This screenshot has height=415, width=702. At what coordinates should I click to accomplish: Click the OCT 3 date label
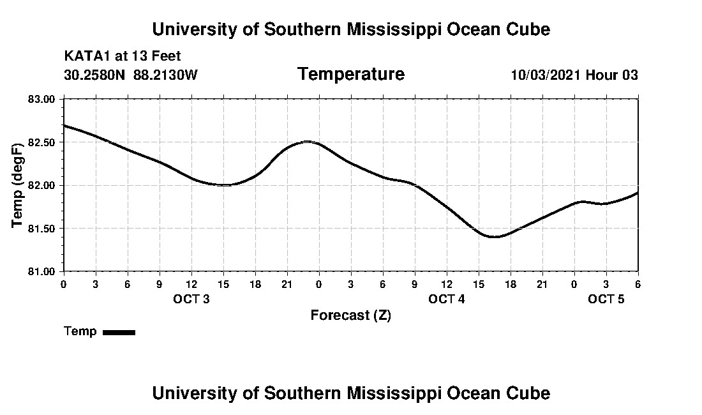pyautogui.click(x=191, y=299)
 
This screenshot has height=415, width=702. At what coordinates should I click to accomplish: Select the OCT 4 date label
pyautogui.click(x=447, y=299)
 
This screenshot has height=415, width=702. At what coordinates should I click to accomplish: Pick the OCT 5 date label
pyautogui.click(x=606, y=299)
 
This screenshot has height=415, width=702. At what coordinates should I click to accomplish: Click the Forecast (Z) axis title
pyautogui.click(x=351, y=315)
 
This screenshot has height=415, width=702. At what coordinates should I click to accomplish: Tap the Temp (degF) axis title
pyautogui.click(x=18, y=185)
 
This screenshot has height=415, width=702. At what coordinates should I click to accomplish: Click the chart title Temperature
pyautogui.click(x=351, y=75)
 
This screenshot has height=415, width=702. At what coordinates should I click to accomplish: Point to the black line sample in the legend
pyautogui.click(x=119, y=332)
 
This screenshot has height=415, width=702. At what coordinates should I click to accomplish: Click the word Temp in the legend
pyautogui.click(x=80, y=331)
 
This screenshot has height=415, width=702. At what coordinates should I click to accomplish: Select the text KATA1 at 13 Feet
pyautogui.click(x=123, y=56)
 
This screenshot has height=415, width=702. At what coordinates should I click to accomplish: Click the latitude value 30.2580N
pyautogui.click(x=96, y=75)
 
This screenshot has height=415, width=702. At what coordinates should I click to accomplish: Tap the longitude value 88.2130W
pyautogui.click(x=166, y=75)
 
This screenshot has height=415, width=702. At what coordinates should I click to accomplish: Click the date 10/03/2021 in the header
pyautogui.click(x=546, y=75)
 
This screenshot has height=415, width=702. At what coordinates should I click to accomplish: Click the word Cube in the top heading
pyautogui.click(x=529, y=29)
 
